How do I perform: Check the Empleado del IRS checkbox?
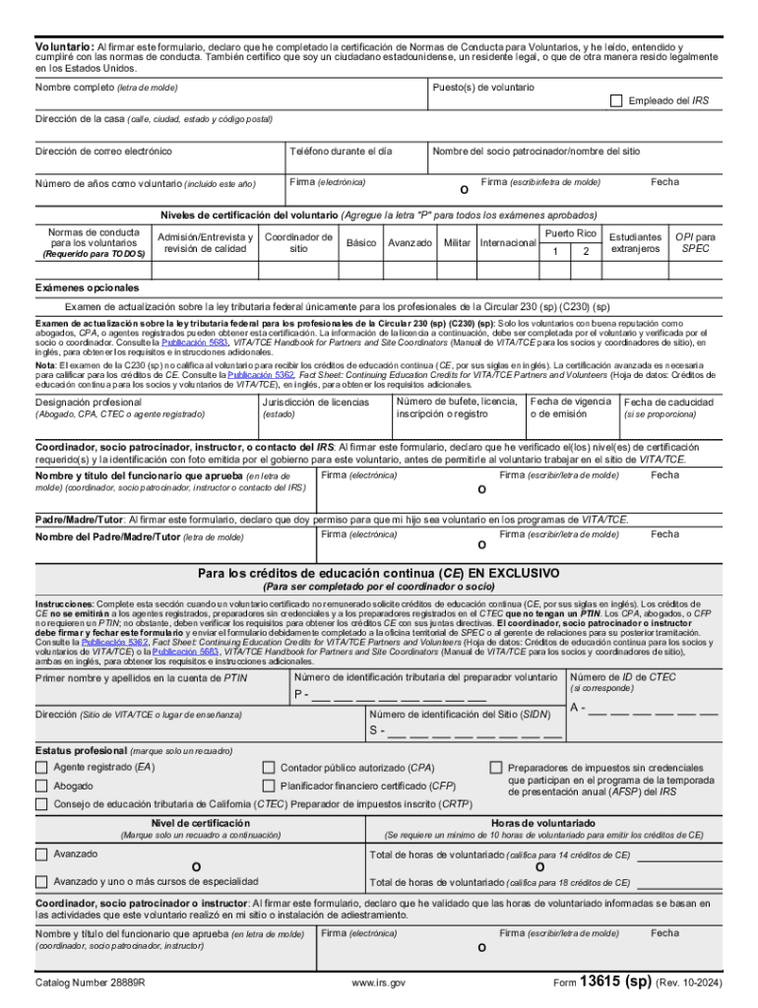pyautogui.click(x=616, y=100)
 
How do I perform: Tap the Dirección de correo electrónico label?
pyautogui.click(x=103, y=152)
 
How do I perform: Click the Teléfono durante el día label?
pyautogui.click(x=341, y=152)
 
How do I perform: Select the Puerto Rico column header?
pyautogui.click(x=570, y=233)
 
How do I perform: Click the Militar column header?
pyautogui.click(x=457, y=242)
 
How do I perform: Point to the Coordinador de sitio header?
pyautogui.click(x=299, y=242)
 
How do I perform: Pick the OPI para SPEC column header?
pyautogui.click(x=695, y=242)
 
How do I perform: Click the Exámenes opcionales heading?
pyautogui.click(x=88, y=287)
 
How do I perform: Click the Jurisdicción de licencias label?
pyautogui.click(x=315, y=402)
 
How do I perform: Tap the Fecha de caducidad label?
pyautogui.click(x=667, y=403)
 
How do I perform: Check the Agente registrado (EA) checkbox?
pyautogui.click(x=41, y=768)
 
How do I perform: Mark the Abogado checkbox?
pyautogui.click(x=41, y=786)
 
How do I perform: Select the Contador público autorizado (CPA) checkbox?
pyautogui.click(x=268, y=768)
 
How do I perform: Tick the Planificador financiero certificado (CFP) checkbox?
pyautogui.click(x=268, y=786)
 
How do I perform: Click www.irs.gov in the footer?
pyautogui.click(x=378, y=983)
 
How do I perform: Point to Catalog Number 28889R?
pyautogui.click(x=90, y=983)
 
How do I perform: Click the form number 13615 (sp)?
pyautogui.click(x=615, y=981)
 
